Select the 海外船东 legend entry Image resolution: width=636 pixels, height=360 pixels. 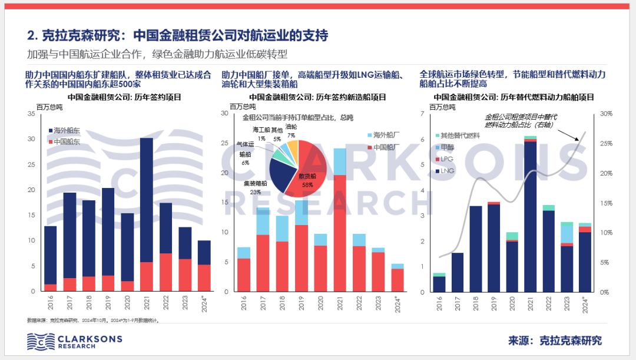tap(65, 130)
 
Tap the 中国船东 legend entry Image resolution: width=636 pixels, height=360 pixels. tap(65, 142)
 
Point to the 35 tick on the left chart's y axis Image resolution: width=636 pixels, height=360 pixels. tap(32, 113)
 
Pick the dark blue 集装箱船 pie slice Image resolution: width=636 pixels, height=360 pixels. tap(281, 172)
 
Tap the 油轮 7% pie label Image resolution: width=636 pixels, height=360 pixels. tap(291, 131)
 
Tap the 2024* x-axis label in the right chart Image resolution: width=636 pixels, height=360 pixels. tap(585, 304)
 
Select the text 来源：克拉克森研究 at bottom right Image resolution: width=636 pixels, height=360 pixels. tap(555, 341)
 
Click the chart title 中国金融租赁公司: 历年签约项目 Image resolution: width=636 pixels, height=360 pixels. tap(124, 97)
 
